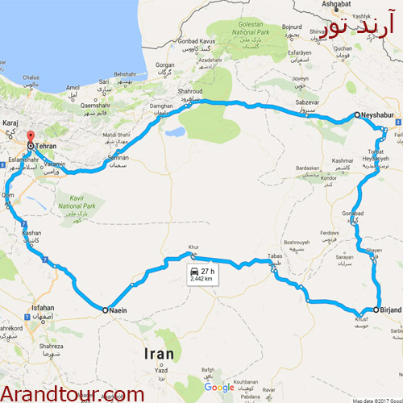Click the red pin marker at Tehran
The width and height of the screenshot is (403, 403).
[x=30, y=137]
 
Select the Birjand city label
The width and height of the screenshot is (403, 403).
[x=389, y=309]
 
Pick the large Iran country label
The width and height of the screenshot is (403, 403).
[x=160, y=353]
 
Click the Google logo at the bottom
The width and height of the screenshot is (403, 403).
[x=219, y=388]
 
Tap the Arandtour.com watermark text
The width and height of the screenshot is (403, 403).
[x=73, y=393]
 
